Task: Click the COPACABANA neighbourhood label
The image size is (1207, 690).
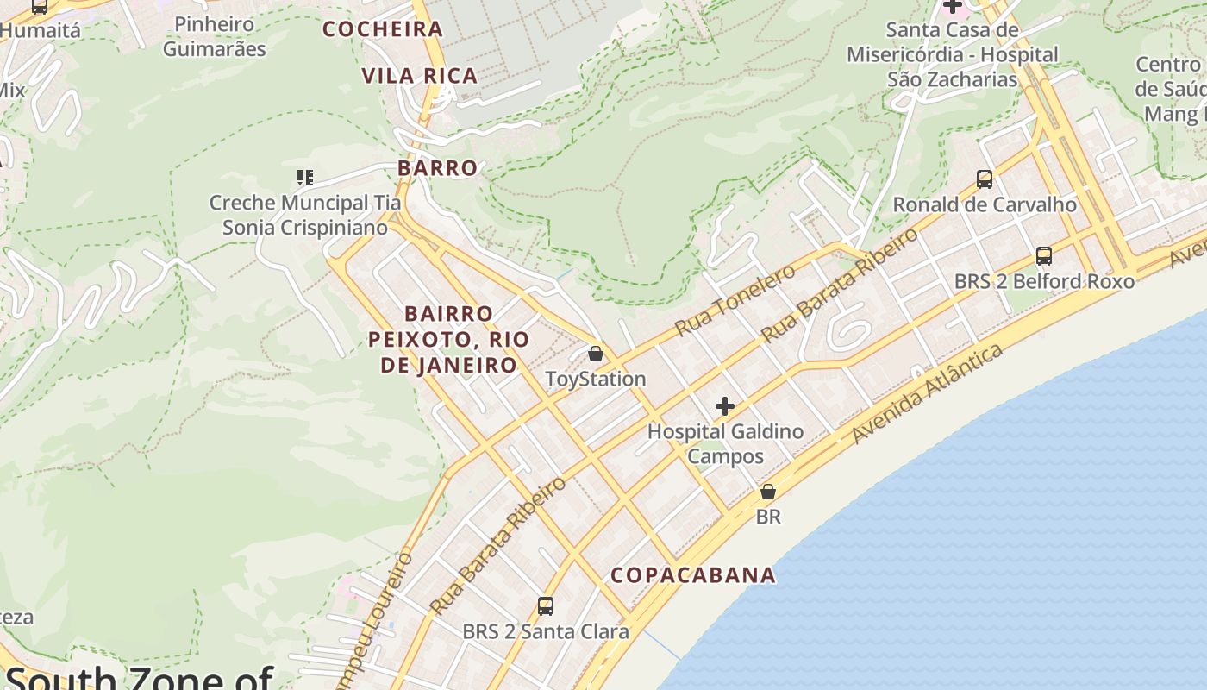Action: pos(693,575)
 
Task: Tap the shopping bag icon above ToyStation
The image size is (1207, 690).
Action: pos(595,354)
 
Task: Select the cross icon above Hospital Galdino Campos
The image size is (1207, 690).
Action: pos(725,406)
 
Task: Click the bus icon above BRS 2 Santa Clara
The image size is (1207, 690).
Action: pos(546,606)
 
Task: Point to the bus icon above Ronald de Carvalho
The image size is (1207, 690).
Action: pos(985,179)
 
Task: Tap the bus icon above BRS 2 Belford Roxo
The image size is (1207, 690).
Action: pos(1044,256)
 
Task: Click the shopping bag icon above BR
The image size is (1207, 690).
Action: pos(767,492)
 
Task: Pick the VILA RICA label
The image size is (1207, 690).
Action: pos(420,76)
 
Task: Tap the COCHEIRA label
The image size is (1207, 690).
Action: pos(383,29)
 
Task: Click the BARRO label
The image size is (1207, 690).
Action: pos(438,168)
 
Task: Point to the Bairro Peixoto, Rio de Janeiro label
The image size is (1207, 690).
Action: pos(448,339)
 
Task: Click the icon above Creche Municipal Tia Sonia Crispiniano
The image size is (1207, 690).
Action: pos(304,178)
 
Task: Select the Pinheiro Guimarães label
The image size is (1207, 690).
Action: pos(215,36)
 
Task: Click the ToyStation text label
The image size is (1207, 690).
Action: pos(596,379)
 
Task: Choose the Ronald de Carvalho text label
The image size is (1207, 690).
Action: pos(985,205)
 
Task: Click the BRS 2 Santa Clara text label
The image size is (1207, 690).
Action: pos(546,632)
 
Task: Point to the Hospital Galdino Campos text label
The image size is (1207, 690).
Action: pos(725,443)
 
